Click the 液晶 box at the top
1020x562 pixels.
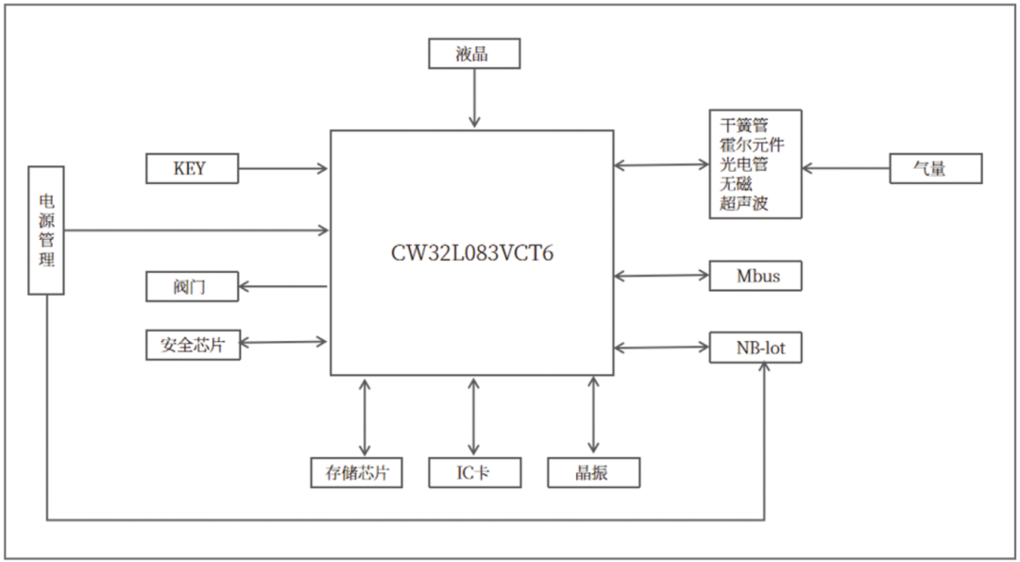474,54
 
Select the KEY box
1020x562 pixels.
191,169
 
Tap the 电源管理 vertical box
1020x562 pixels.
46,230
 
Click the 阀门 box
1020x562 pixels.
191,286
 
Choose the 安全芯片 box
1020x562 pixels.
193,345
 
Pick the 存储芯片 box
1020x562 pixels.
357,472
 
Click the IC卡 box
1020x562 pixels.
474,472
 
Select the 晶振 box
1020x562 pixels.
593,472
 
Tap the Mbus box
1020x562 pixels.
756,277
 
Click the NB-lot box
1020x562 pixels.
756,349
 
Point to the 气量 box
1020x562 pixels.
935,169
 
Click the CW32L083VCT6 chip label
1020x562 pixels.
471,253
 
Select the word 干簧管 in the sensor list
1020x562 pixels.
744,126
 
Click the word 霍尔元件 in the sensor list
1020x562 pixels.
752,145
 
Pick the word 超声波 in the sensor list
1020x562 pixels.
744,202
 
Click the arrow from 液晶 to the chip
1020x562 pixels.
474,98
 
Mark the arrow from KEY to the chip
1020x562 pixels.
283,169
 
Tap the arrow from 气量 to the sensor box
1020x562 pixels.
845,169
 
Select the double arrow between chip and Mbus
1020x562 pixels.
661,276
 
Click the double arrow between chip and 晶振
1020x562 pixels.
593,416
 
